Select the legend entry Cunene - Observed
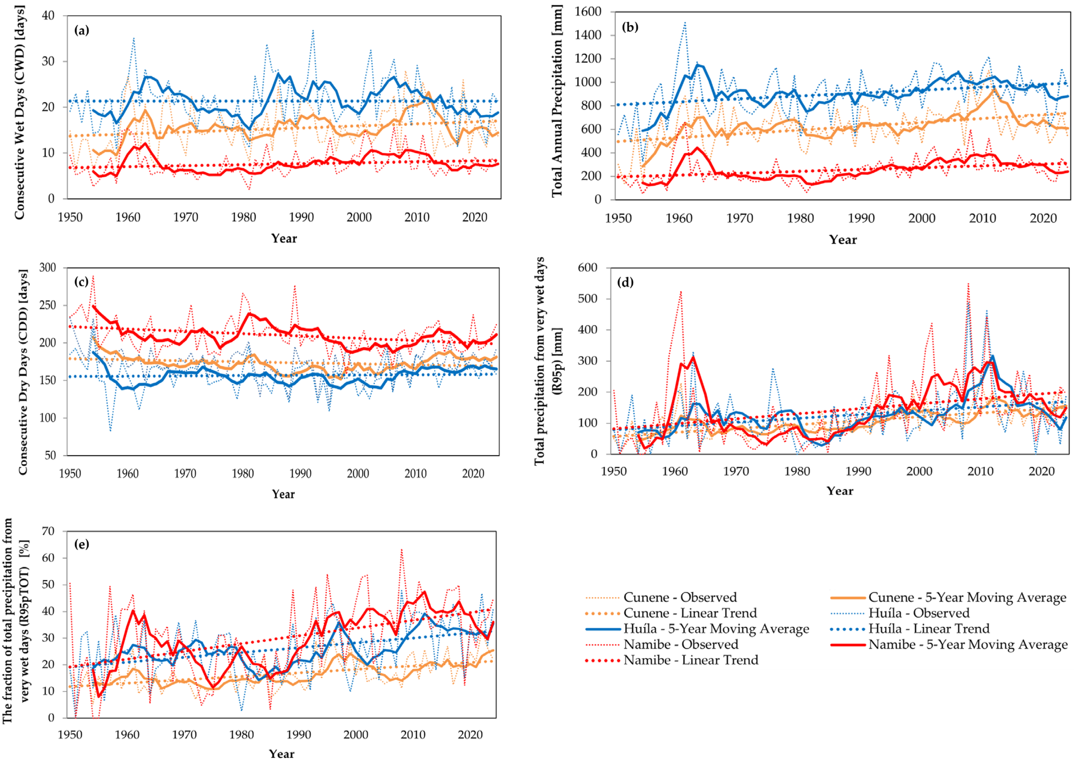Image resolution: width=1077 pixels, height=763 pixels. [680, 597]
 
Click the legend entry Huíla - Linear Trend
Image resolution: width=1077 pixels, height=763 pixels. [928, 629]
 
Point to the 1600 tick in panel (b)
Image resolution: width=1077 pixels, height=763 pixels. [588, 12]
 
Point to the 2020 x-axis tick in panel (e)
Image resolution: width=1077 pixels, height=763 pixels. [470, 734]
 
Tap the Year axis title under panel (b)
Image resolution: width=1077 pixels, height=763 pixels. [843, 240]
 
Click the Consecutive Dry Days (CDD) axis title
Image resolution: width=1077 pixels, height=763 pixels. [23, 371]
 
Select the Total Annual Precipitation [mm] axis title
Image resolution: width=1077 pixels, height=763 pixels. [557, 101]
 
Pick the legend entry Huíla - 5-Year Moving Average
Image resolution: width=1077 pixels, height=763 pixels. [716, 629]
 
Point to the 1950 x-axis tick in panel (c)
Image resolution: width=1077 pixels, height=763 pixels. [70, 473]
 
